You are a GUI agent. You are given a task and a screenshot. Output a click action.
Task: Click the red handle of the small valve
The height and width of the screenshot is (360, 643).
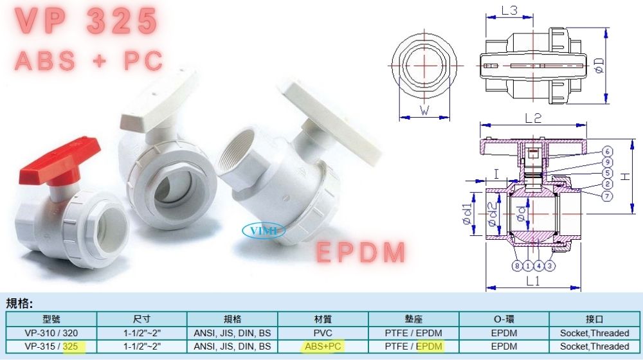60,161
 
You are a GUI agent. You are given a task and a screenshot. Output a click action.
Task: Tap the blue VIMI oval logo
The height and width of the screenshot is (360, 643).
263,230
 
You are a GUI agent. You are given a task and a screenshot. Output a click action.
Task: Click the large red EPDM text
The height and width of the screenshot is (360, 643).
361,252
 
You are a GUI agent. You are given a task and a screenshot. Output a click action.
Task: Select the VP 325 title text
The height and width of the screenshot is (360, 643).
87,21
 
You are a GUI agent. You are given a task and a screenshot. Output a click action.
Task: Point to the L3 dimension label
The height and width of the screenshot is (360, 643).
509,10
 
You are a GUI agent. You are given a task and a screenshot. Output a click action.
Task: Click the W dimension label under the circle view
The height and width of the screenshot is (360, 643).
424,111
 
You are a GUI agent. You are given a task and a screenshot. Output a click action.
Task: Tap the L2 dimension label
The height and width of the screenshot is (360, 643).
533,118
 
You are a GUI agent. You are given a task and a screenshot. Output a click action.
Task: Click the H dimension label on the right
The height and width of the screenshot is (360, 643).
624,176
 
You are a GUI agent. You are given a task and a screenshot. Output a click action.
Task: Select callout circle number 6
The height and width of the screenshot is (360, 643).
608,151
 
